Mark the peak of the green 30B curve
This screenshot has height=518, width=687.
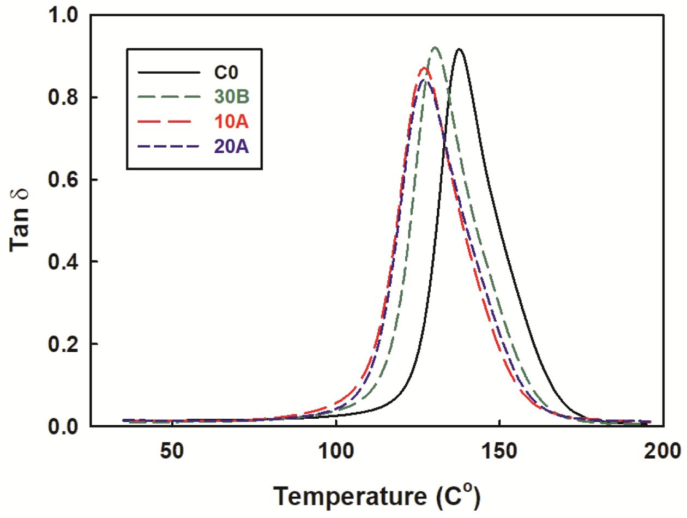coord(435,48)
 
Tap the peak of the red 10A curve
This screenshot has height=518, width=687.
coord(423,68)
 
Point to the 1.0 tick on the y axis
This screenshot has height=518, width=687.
coord(65,16)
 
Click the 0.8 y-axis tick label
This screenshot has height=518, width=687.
coord(65,98)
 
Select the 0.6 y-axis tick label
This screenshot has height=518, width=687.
coord(65,180)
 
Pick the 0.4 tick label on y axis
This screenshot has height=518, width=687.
coord(65,262)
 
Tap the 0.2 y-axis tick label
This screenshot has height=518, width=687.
coord(65,344)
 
